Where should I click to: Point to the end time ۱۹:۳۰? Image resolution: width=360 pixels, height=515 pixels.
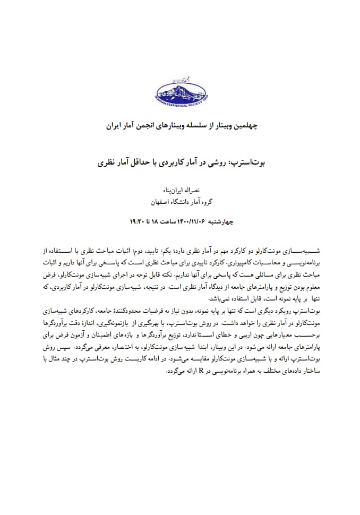[x=139, y=219]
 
